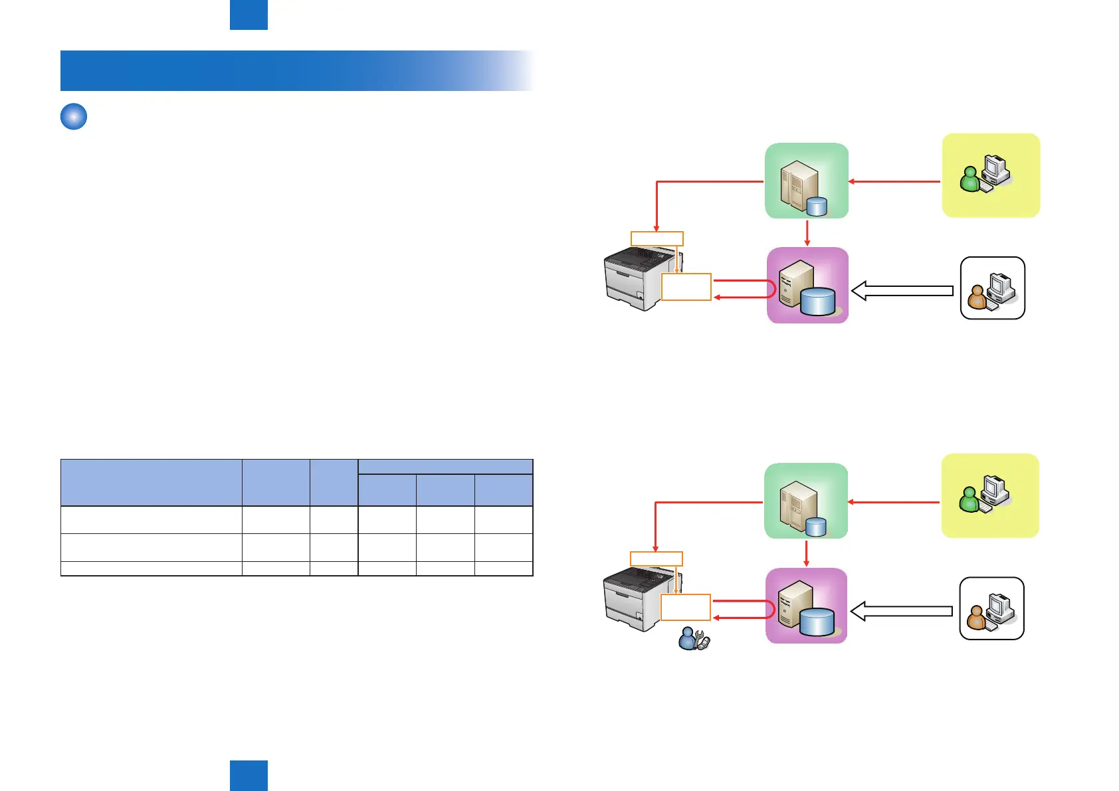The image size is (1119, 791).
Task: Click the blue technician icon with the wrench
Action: [x=693, y=639]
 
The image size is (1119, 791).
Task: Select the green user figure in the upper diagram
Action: [x=970, y=179]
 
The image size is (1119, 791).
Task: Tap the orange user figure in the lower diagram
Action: [x=975, y=618]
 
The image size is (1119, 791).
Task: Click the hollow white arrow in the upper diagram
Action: [x=902, y=291]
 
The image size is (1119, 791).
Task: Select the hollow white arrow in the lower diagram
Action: [x=900, y=611]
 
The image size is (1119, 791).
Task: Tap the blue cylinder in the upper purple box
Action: [x=818, y=302]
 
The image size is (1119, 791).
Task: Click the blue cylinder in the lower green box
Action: [x=816, y=527]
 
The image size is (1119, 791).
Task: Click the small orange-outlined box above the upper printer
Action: [x=657, y=238]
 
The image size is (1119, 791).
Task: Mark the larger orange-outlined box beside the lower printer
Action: [x=686, y=607]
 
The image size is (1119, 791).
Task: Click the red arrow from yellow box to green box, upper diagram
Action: [x=894, y=181]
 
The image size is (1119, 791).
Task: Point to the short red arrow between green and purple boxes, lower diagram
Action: [x=806, y=553]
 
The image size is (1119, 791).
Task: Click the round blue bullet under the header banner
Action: [x=74, y=117]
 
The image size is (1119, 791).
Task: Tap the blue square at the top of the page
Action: [x=249, y=15]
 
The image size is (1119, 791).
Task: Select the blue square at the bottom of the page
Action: [x=249, y=776]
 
